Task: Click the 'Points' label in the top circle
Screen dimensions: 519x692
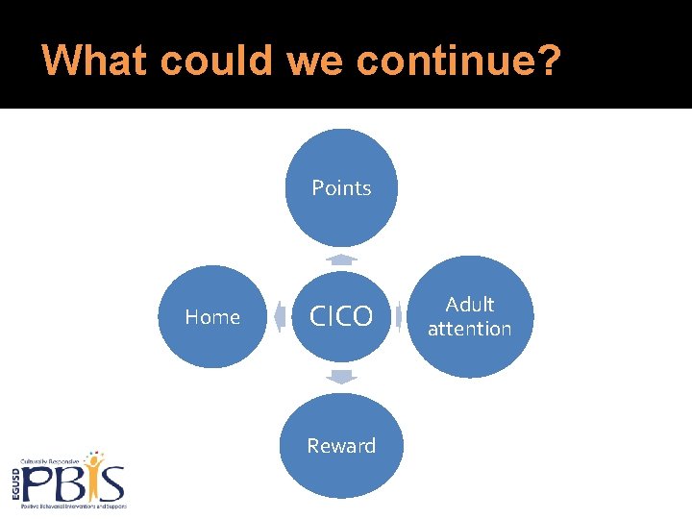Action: click(x=341, y=188)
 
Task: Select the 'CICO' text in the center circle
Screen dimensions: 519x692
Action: click(x=341, y=317)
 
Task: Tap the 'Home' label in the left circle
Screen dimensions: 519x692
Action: click(x=212, y=317)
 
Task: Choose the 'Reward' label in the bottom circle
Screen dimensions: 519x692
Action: click(x=341, y=446)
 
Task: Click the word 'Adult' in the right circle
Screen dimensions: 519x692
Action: click(x=470, y=305)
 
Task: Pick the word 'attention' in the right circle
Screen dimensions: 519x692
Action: click(x=470, y=329)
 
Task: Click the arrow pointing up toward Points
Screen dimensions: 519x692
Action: click(x=341, y=259)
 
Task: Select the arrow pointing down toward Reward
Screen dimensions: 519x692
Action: click(x=341, y=377)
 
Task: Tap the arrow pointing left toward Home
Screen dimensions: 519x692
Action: click(x=280, y=316)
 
